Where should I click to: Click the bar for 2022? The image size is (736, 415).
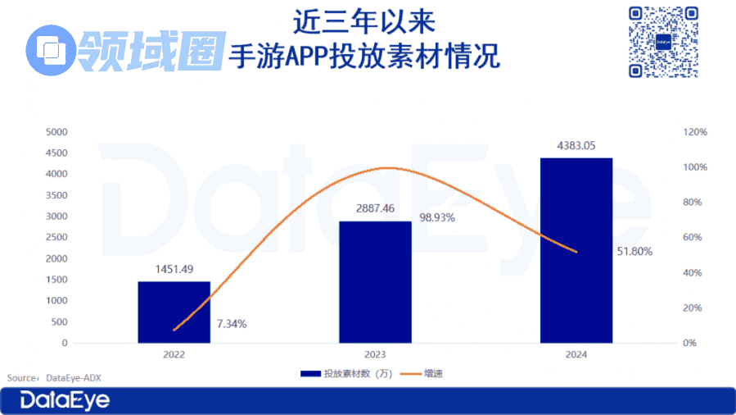coord(174,312)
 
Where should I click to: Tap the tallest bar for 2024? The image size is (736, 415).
coord(576,250)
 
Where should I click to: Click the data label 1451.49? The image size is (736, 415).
coord(174,269)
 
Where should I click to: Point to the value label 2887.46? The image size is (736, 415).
coord(375,208)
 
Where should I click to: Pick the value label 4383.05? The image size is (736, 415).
coord(576,145)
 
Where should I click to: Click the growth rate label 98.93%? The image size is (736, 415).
coord(436,218)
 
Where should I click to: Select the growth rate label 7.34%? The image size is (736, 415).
coord(232,324)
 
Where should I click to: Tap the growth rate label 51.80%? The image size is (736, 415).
coord(634,252)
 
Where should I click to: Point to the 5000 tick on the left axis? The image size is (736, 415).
coord(56,132)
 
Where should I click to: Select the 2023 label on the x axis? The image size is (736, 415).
coord(375,355)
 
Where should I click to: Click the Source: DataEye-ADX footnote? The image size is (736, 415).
coord(54,377)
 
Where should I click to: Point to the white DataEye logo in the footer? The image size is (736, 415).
coord(65,401)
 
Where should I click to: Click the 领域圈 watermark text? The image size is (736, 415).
coord(151,49)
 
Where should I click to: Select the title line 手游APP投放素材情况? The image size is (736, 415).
coord(363,57)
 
